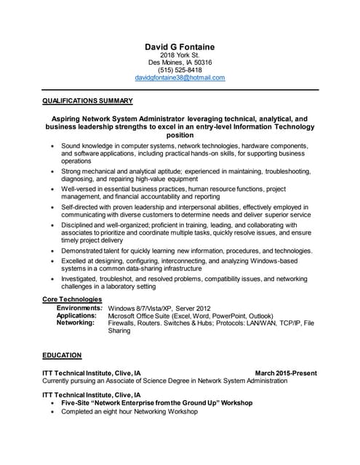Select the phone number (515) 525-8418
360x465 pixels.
pyautogui.click(x=180, y=70)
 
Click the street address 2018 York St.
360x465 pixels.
pyautogui.click(x=180, y=55)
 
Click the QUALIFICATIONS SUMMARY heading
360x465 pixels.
pyautogui.click(x=87, y=100)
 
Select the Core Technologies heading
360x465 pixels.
pyautogui.click(x=72, y=299)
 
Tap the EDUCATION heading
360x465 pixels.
pyautogui.click(x=62, y=356)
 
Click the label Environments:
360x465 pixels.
pyautogui.click(x=80, y=308)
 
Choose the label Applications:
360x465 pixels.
pyautogui.click(x=76, y=315)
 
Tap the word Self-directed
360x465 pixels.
pyautogui.click(x=81, y=207)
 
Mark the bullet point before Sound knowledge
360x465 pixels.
pyautogui.click(x=52, y=145)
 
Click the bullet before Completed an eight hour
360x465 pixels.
pyautogui.click(x=52, y=412)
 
